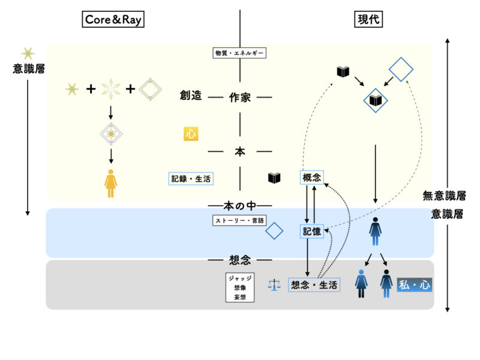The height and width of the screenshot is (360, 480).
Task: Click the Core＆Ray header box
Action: (x=114, y=20)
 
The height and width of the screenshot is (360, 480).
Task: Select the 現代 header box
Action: (x=367, y=20)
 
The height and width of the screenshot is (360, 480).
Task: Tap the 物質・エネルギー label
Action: (x=240, y=53)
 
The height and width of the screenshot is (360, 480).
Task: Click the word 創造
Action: (x=190, y=96)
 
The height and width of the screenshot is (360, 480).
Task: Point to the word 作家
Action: (x=240, y=97)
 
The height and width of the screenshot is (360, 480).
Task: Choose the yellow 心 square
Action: (x=191, y=134)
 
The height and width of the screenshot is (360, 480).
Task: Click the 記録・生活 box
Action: (x=191, y=178)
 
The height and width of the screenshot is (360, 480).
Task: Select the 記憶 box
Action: (x=311, y=230)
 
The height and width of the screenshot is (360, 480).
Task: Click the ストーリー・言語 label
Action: (x=239, y=220)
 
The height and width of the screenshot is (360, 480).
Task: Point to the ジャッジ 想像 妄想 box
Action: (x=240, y=288)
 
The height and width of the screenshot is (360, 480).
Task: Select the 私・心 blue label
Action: (x=414, y=284)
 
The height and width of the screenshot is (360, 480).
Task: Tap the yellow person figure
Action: (x=111, y=183)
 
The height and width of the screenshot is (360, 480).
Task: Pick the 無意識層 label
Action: (x=444, y=195)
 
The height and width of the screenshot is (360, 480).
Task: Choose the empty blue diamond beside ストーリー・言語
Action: (x=274, y=230)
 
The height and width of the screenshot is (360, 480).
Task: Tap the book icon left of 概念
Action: (x=274, y=178)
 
